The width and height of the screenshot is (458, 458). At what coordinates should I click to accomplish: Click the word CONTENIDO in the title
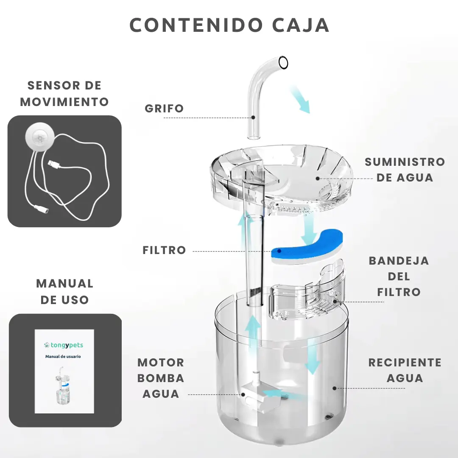click(x=196, y=25)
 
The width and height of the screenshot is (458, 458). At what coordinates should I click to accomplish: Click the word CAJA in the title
click(x=301, y=25)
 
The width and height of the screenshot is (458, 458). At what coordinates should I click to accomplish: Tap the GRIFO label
click(x=164, y=109)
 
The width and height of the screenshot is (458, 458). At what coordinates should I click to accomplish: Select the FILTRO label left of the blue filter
click(x=164, y=250)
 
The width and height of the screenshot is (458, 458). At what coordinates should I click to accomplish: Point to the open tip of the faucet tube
click(x=283, y=62)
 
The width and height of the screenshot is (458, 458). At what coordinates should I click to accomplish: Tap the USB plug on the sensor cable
click(x=54, y=164)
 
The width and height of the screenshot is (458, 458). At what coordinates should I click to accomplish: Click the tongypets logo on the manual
click(x=63, y=345)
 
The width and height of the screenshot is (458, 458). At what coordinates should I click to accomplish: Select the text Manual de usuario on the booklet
click(x=63, y=356)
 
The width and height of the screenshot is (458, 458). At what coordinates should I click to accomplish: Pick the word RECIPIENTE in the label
click(x=405, y=363)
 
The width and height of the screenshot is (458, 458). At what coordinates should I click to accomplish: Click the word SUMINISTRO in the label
click(x=405, y=162)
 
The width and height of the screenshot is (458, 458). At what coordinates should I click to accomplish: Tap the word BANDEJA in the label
click(x=399, y=260)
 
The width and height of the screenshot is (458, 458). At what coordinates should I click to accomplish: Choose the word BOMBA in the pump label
click(x=161, y=378)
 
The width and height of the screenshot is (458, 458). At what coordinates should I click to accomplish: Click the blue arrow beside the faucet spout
click(x=300, y=99)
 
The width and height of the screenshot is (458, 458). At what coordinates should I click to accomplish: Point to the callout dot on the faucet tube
click(x=253, y=117)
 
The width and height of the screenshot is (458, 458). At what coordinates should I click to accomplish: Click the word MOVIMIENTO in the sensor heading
click(x=64, y=102)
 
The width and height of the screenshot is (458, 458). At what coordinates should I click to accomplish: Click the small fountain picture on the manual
click(x=63, y=385)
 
